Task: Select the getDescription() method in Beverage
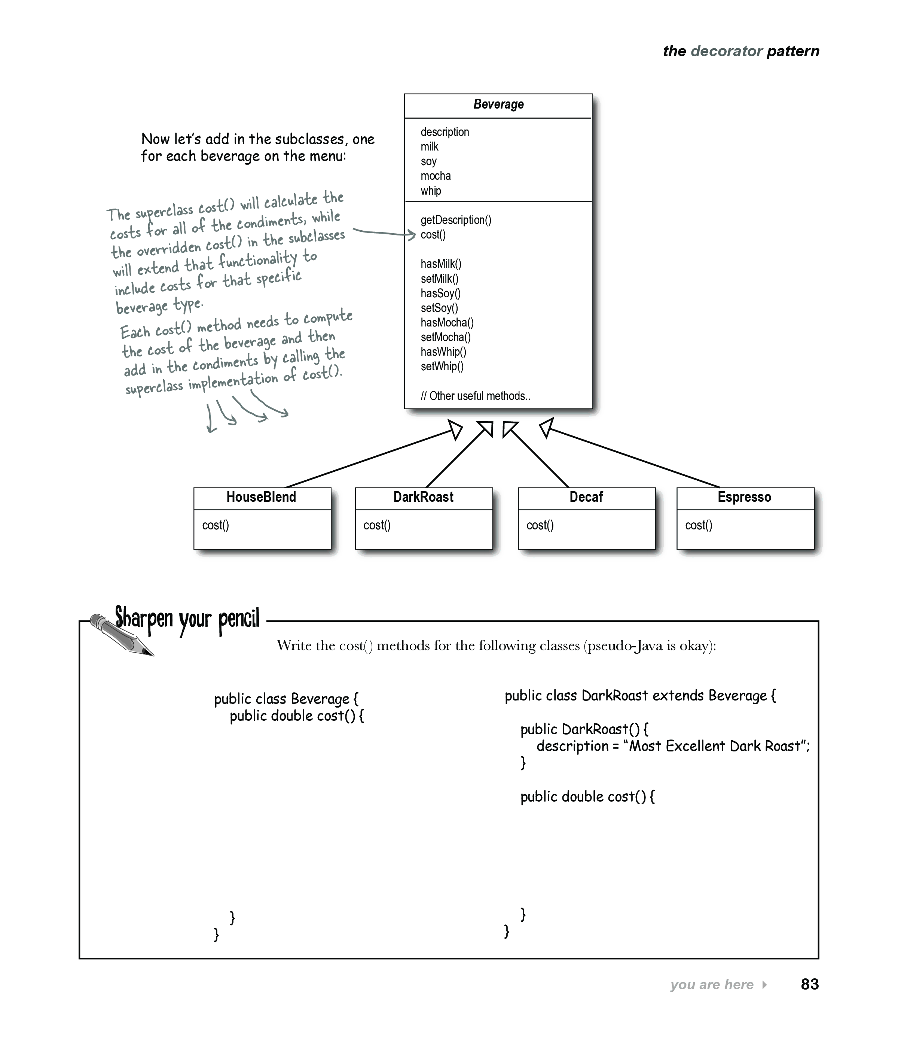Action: click(456, 220)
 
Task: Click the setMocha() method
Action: click(446, 337)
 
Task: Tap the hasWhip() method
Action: click(443, 352)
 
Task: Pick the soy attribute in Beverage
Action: click(428, 161)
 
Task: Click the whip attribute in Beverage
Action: click(431, 191)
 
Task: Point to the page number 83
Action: click(809, 984)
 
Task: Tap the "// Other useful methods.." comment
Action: click(475, 396)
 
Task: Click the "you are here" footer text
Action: click(712, 984)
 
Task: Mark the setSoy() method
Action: click(440, 307)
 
